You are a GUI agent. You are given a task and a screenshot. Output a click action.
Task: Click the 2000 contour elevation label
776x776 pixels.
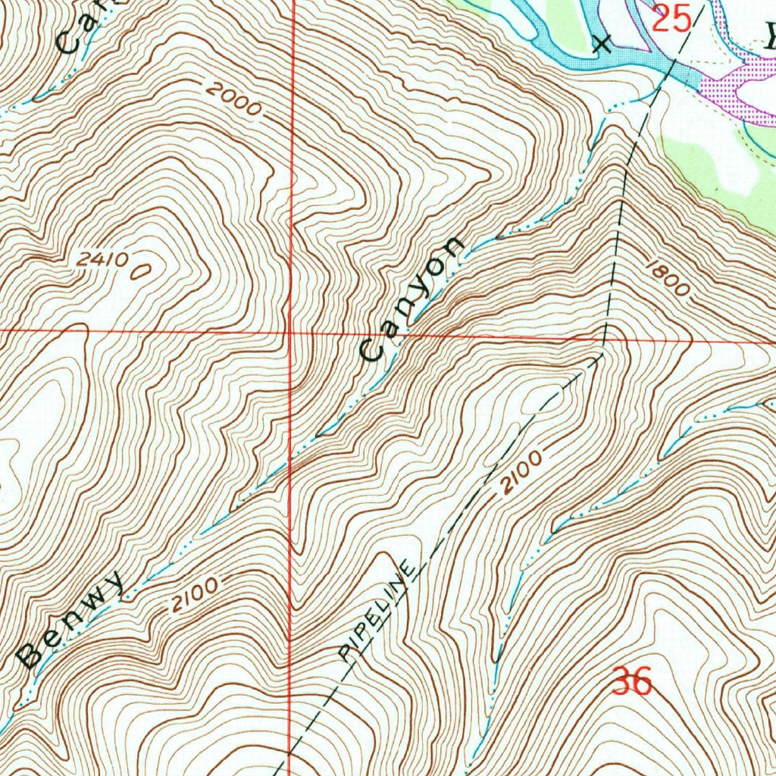(234, 100)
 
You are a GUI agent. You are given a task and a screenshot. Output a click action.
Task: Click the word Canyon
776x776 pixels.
(413, 299)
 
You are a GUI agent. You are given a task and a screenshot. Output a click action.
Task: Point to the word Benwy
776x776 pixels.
(71, 621)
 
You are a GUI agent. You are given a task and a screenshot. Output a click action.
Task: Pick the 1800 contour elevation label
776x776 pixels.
(668, 278)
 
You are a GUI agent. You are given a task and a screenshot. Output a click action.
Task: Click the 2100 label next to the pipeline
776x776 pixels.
(521, 474)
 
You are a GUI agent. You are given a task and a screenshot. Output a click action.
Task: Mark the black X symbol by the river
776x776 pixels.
(602, 43)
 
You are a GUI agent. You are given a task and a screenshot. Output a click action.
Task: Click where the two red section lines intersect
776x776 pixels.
(292, 332)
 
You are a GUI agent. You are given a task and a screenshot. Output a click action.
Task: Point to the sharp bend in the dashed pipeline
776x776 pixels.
(602, 352)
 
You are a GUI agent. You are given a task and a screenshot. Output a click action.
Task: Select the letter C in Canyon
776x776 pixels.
(371, 350)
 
